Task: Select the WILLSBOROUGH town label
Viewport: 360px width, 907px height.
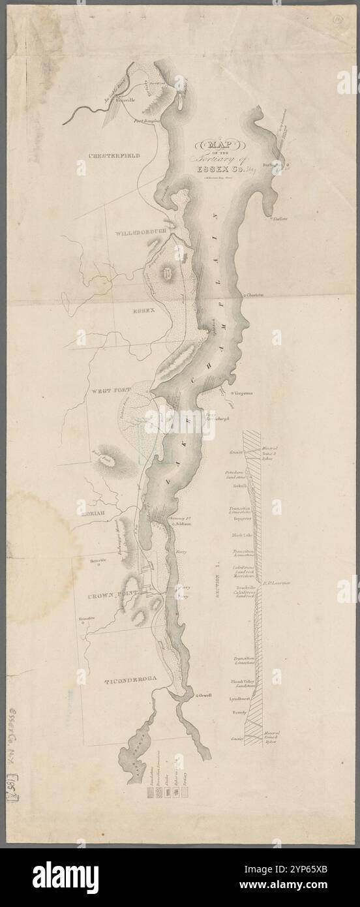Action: coord(142,232)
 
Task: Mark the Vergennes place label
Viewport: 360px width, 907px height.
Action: coord(243,394)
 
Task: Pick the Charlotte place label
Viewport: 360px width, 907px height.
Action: coord(255,295)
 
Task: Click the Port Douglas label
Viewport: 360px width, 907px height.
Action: coord(147,121)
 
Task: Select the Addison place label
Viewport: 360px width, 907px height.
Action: coord(181,524)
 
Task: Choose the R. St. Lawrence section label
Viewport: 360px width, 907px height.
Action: coord(277,581)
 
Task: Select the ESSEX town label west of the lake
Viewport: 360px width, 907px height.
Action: coord(142,311)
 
